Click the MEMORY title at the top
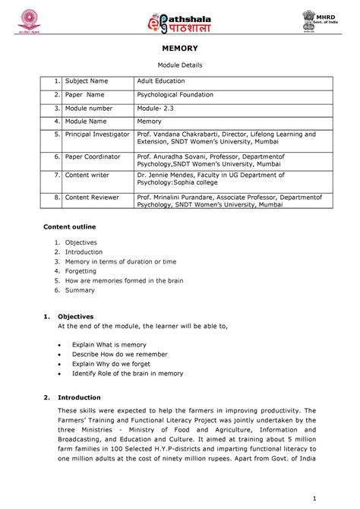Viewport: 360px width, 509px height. click(180, 48)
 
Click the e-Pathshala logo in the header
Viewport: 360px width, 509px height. click(178, 20)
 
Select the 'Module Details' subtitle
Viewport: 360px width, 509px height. click(180, 67)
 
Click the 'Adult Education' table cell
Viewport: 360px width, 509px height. click(160, 81)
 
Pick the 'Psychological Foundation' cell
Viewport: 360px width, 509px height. click(175, 95)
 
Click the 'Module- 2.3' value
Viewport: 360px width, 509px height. click(156, 108)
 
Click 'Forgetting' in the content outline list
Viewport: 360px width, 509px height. click(81, 270)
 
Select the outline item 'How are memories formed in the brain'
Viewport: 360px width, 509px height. click(118, 280)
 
